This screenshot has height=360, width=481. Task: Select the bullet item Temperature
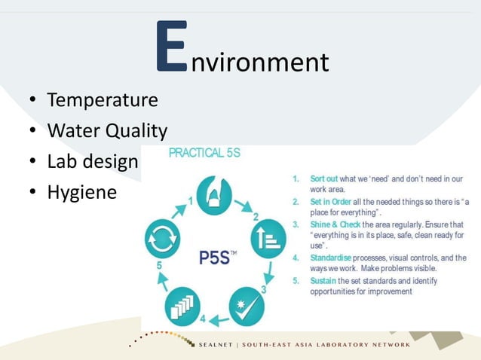click(x=103, y=100)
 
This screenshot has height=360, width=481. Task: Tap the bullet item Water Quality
click(x=107, y=131)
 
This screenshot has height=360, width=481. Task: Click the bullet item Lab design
click(x=93, y=161)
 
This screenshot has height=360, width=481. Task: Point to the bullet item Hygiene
click(x=82, y=192)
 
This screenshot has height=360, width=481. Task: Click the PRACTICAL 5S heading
click(x=204, y=153)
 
